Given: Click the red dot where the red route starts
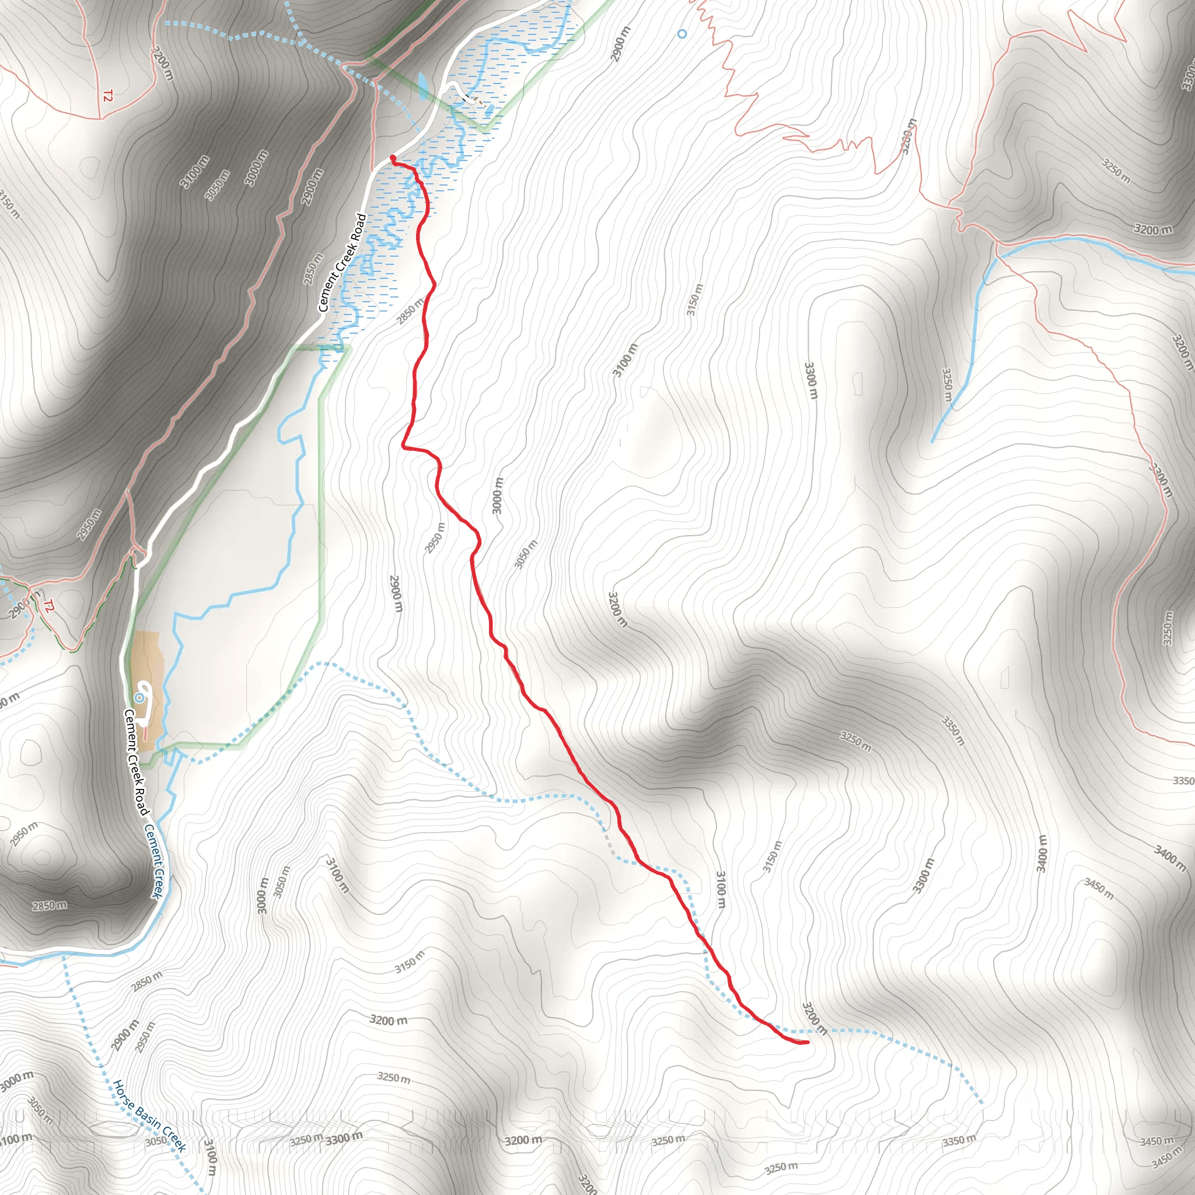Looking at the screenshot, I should tap(393, 158).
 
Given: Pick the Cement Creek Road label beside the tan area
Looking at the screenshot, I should tap(136, 763).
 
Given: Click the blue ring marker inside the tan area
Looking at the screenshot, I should tap(141, 698).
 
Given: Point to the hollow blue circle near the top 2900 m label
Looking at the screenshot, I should tap(682, 34).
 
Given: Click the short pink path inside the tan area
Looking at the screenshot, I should tap(146, 734).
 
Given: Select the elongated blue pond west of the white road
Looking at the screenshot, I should tap(422, 86).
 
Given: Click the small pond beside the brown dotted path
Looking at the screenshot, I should tap(490, 110).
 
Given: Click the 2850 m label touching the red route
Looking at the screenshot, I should tap(411, 310).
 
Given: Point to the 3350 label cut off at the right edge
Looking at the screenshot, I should tap(1183, 781).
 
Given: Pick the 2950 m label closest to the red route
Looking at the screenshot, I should tap(435, 537).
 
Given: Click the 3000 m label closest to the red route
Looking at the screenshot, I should tap(497, 495).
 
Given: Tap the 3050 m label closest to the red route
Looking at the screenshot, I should tap(526, 554).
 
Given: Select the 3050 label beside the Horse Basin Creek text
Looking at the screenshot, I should tap(156, 1140).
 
